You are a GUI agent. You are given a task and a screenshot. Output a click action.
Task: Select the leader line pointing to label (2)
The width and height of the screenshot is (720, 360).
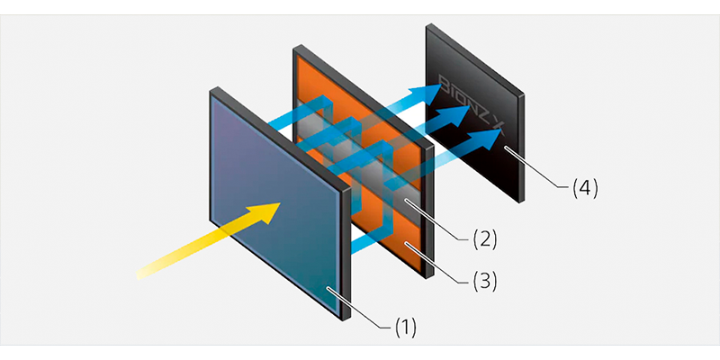click(441, 221)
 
